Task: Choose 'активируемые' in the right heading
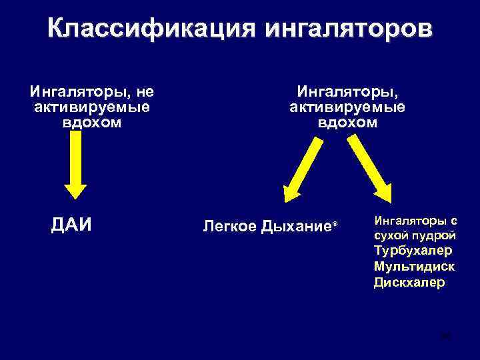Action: pos(347,107)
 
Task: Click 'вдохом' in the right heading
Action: pos(347,123)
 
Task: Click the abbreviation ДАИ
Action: pos(71,225)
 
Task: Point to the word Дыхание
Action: pos(295,227)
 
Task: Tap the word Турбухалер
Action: pos(413,251)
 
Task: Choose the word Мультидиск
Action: pos(415,266)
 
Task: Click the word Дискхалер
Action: pos(409,282)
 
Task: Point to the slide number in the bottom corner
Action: pos(446,337)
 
